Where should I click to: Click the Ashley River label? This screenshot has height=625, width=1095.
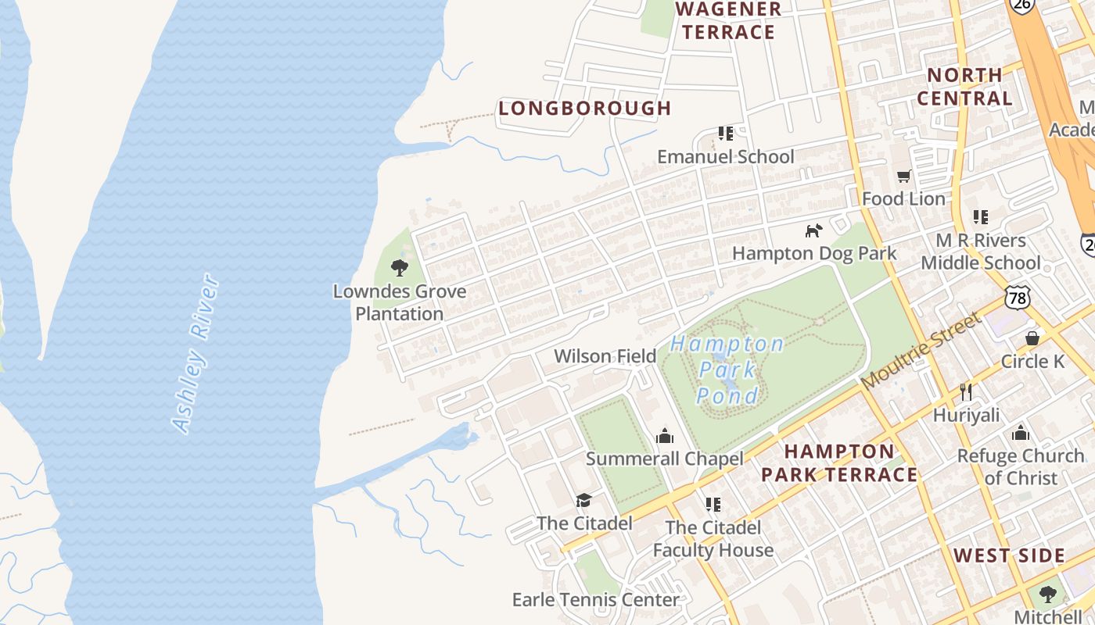coord(195,353)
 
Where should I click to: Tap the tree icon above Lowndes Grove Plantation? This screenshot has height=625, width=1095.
coord(400,268)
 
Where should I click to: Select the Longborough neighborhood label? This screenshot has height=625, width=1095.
coord(585,109)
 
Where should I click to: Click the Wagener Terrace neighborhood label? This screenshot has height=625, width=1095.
coord(727,21)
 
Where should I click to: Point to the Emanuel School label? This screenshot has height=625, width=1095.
coord(725,156)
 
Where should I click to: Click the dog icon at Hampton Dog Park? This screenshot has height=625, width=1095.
coord(814,230)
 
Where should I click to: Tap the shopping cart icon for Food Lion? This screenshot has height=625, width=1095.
coord(904,177)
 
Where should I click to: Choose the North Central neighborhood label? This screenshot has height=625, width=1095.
coord(964,87)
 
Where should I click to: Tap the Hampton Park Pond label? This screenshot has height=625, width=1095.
coord(727,370)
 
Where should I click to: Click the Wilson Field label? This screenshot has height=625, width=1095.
coord(605,356)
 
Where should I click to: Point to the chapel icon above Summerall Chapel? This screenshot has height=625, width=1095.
coord(665,436)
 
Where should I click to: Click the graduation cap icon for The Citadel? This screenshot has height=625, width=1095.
coord(583,500)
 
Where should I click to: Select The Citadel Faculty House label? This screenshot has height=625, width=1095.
coord(713,539)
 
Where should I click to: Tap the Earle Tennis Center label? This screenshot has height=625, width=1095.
coord(595,600)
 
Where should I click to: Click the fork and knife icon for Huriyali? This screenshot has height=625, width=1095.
coord(966,391)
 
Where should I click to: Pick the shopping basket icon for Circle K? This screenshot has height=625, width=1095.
coord(1032,338)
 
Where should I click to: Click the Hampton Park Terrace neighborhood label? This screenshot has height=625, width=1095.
coord(839,463)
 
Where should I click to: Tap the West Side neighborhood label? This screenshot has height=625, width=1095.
coord(1009,556)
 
